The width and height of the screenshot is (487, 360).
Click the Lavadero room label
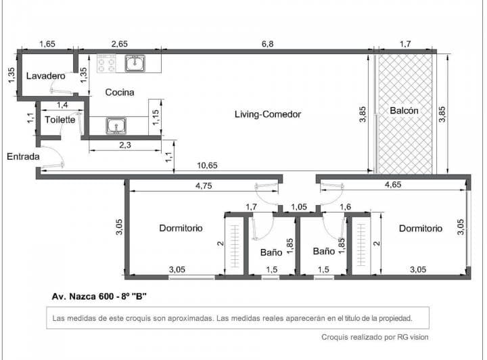point(45,76)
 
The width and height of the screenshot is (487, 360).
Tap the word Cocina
point(119,92)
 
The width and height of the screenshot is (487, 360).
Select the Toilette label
point(60,120)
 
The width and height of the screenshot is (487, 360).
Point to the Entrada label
point(23,156)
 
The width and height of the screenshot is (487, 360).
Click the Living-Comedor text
point(267,114)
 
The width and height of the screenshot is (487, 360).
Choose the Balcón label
point(404,110)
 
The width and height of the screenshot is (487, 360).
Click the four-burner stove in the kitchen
point(106,64)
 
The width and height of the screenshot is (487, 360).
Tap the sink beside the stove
point(136,64)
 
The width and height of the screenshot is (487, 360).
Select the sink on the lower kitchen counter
point(116,125)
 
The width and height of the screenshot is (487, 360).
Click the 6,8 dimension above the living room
point(267,44)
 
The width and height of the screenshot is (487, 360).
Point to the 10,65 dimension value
point(207,165)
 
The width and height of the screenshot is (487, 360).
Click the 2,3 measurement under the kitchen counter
point(124,145)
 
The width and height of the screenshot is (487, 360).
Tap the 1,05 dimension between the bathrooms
point(299,207)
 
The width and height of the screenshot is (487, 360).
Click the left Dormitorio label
point(181,228)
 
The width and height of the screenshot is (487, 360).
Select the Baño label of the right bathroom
point(323,251)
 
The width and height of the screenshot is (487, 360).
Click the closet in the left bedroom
point(235,245)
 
